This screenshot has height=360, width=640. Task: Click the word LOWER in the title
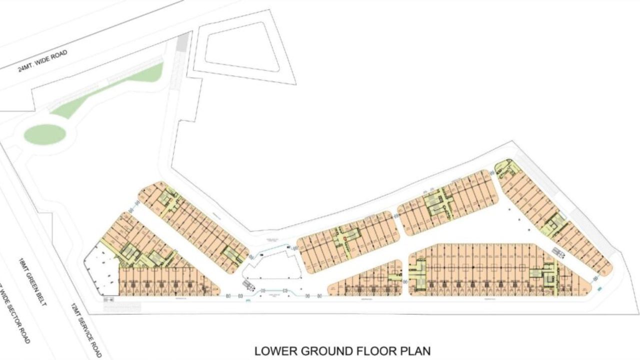click(x=273, y=351)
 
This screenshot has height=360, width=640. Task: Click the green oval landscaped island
click(x=45, y=134)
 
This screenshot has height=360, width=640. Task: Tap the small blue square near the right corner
click(x=600, y=288)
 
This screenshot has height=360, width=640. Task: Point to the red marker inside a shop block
click(x=344, y=239)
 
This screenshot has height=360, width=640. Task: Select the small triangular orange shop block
click(x=367, y=280)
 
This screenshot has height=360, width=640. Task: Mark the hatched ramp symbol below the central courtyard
click(x=248, y=285)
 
